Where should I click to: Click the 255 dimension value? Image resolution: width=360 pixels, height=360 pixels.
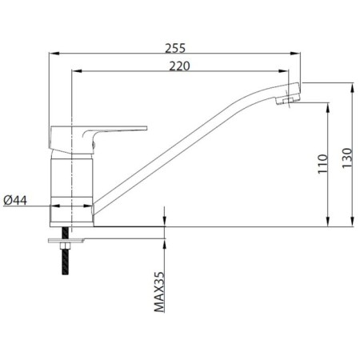coord(175,48)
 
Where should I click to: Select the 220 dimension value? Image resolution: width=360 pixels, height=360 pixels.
coord(179,66)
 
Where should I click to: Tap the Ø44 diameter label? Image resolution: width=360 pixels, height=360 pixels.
coord(15,200)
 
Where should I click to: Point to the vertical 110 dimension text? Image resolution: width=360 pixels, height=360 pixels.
coord(322,164)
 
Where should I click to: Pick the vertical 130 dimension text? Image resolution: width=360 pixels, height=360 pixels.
coord(347,158)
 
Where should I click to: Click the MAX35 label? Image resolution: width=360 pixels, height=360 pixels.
coord(159,292)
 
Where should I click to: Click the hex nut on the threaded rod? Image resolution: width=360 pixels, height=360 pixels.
coord(65,246)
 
